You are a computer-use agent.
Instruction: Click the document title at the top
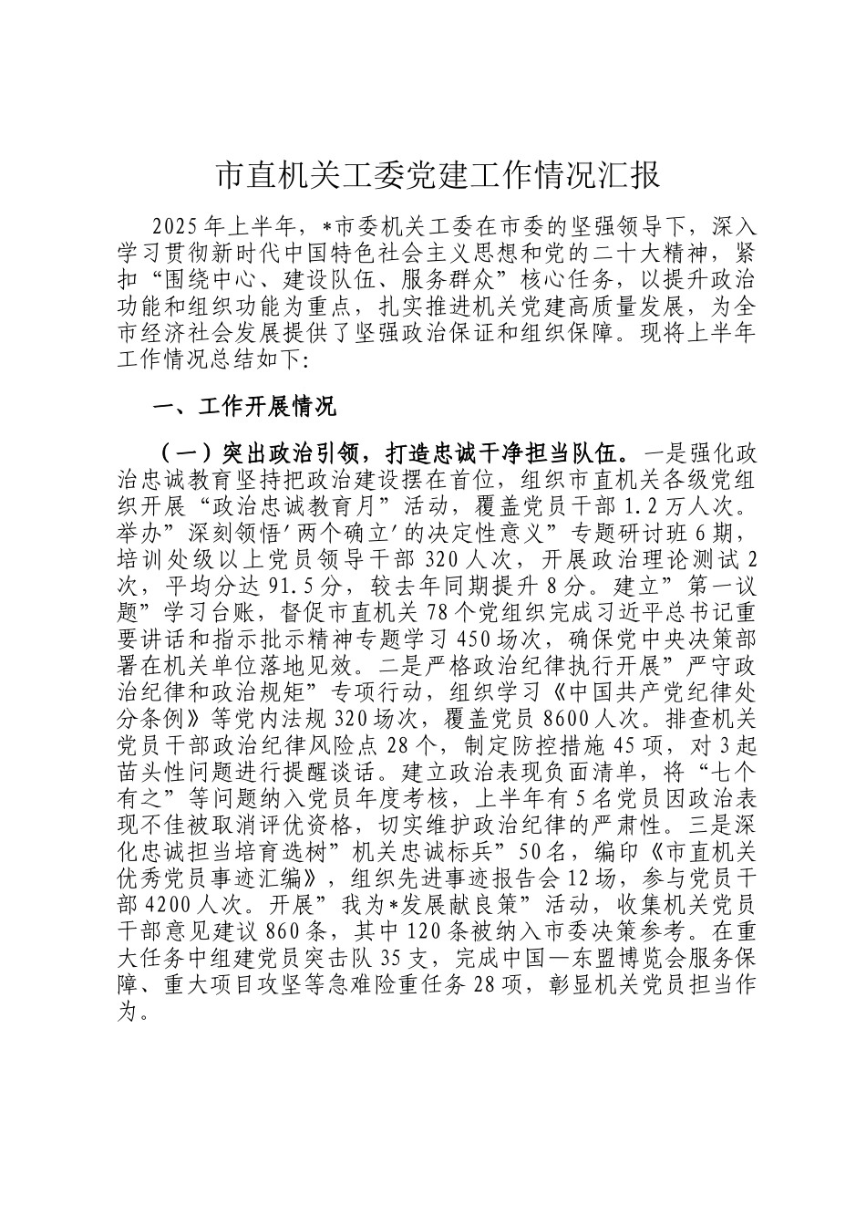click(437, 175)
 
